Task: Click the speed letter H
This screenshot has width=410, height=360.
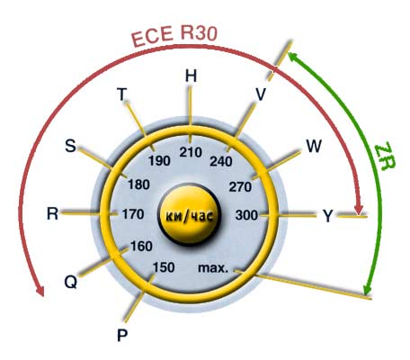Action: click(191, 76)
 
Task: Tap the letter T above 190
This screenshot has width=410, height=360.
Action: click(122, 94)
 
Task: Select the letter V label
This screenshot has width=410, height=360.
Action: click(261, 94)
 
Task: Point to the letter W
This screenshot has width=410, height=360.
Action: click(314, 147)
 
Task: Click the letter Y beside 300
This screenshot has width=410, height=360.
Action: click(328, 216)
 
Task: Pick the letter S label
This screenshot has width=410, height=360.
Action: click(70, 146)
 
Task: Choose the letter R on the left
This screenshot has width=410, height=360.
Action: click(52, 214)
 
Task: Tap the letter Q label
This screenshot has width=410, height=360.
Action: click(71, 282)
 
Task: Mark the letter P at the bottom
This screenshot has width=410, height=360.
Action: click(122, 335)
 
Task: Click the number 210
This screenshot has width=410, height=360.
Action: click(191, 152)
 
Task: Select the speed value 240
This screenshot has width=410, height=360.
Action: click(221, 161)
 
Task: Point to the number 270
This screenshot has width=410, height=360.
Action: click(240, 187)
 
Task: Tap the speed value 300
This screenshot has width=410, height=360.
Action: click(246, 215)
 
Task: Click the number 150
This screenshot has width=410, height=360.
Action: click(164, 267)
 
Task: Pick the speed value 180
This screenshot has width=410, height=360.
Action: click(138, 184)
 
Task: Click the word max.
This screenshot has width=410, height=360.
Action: click(213, 268)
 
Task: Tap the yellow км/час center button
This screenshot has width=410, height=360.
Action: click(190, 215)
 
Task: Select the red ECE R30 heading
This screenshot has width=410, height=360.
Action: click(174, 36)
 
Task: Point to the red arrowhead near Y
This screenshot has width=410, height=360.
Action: click(359, 209)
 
